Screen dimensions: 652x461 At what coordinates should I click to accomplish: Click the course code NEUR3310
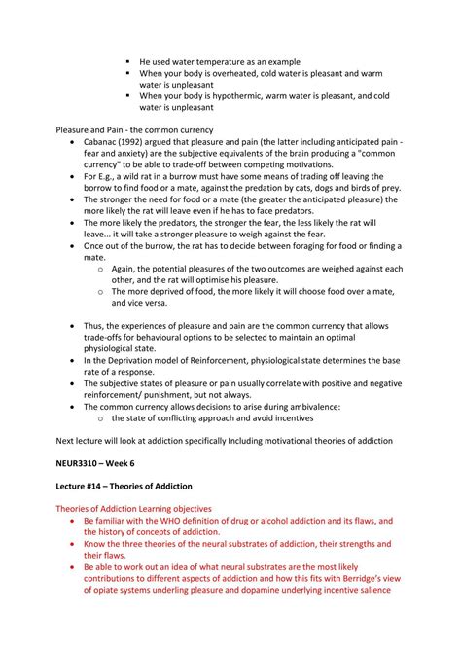click(81, 458)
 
